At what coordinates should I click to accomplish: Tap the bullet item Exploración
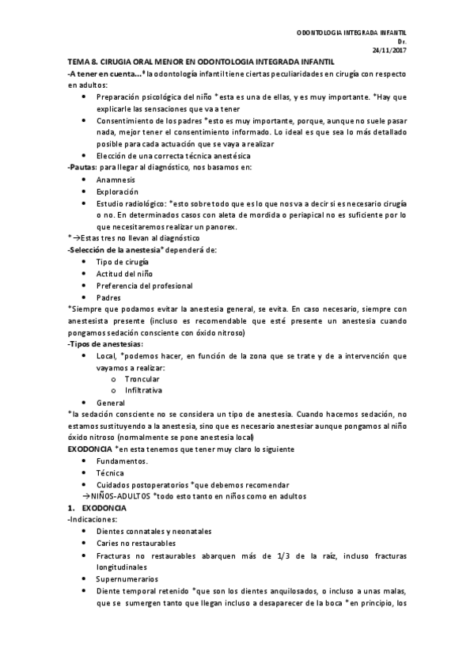coord(116,191)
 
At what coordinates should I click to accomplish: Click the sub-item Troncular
coord(142,379)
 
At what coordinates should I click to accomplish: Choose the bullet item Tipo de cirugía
coord(122,261)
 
